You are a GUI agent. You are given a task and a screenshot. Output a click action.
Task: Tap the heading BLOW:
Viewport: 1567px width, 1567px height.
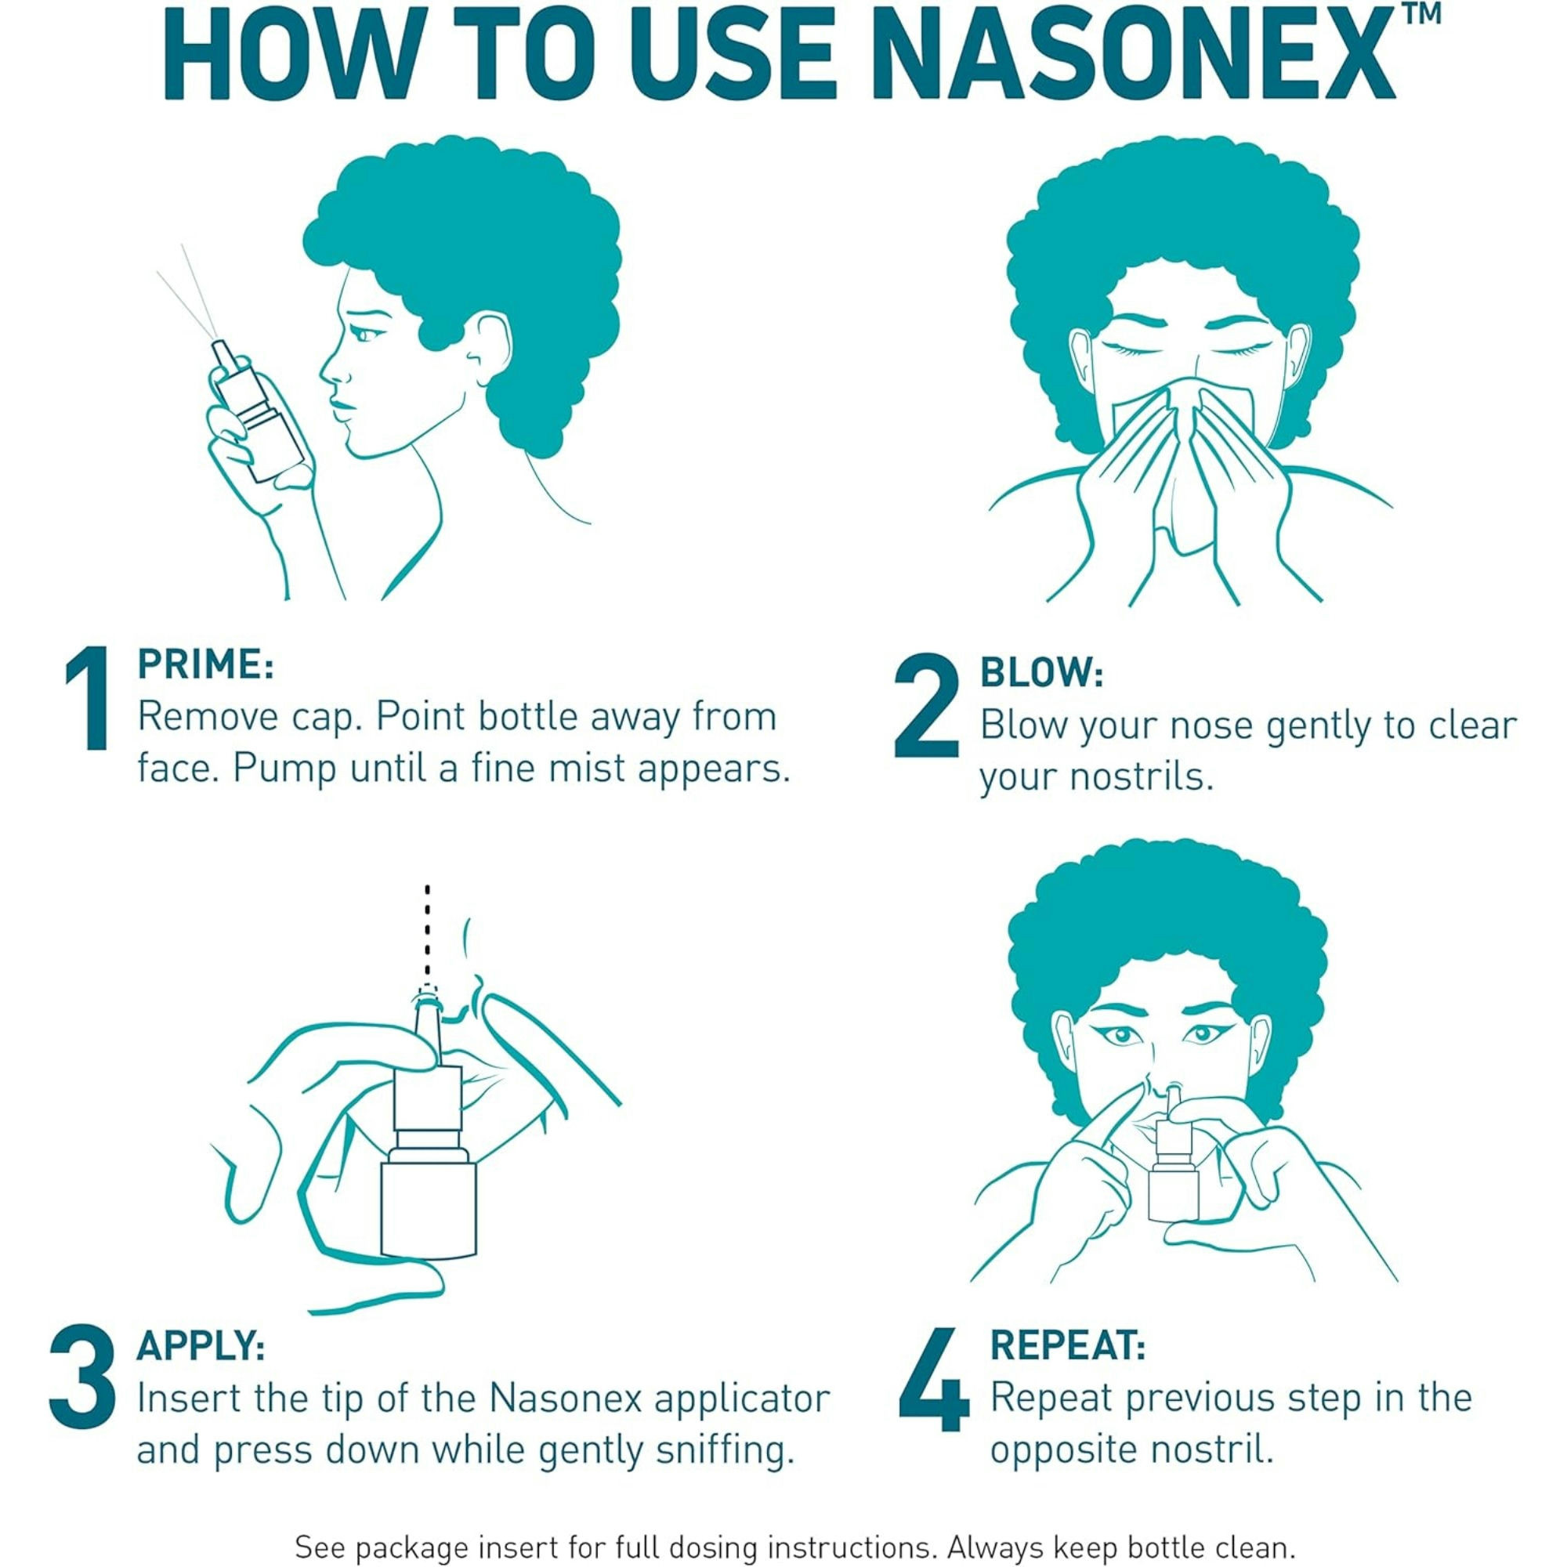(1041, 673)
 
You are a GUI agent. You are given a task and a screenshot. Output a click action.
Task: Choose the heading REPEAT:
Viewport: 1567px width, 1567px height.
(1068, 1347)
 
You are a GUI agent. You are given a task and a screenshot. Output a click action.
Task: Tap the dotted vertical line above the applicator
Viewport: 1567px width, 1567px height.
(428, 932)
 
